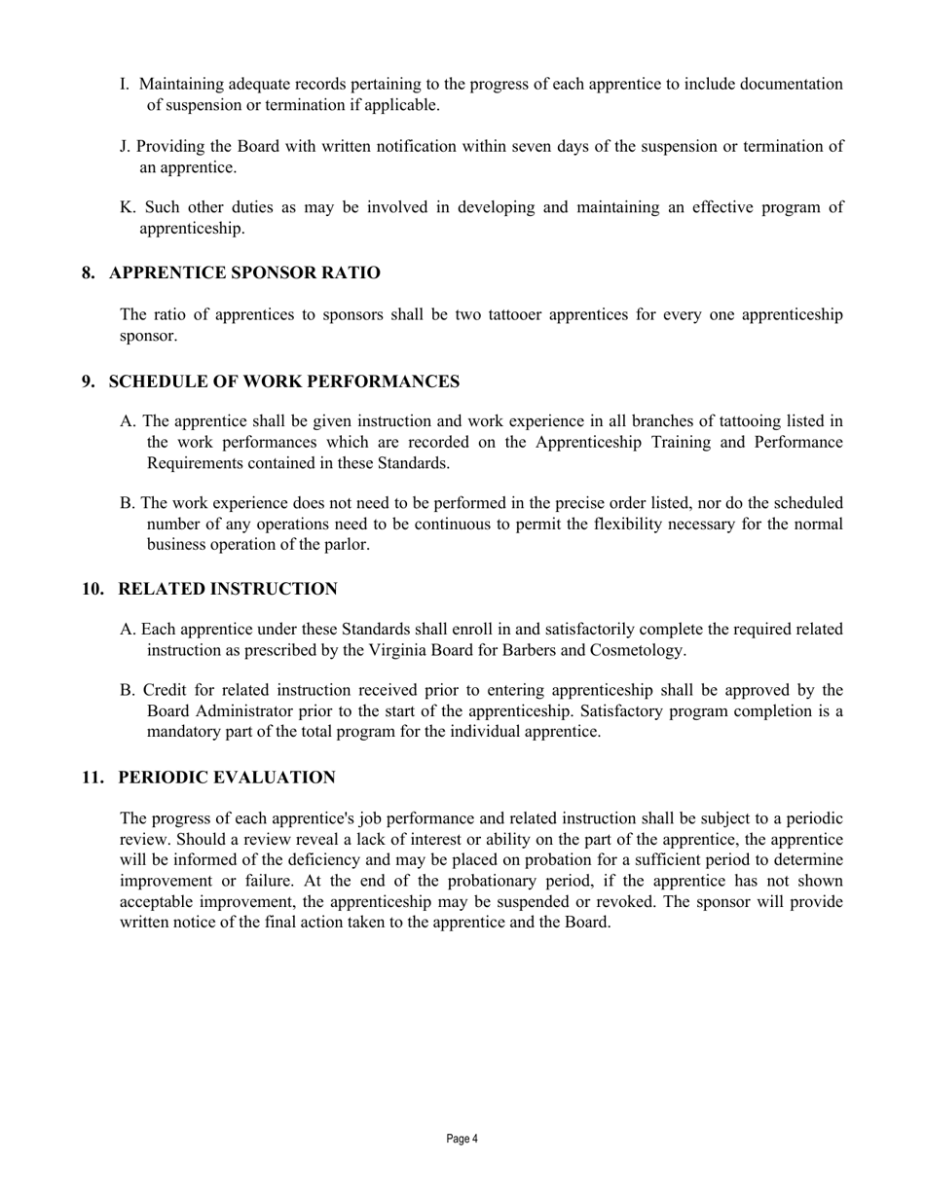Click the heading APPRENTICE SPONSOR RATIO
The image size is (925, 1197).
(x=244, y=273)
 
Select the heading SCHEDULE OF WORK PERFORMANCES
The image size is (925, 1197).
(x=283, y=381)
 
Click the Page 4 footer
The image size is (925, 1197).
(x=462, y=1139)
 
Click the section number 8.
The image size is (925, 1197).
(x=89, y=273)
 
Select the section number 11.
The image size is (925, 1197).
(x=92, y=778)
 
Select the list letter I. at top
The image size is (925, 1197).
(x=126, y=85)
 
